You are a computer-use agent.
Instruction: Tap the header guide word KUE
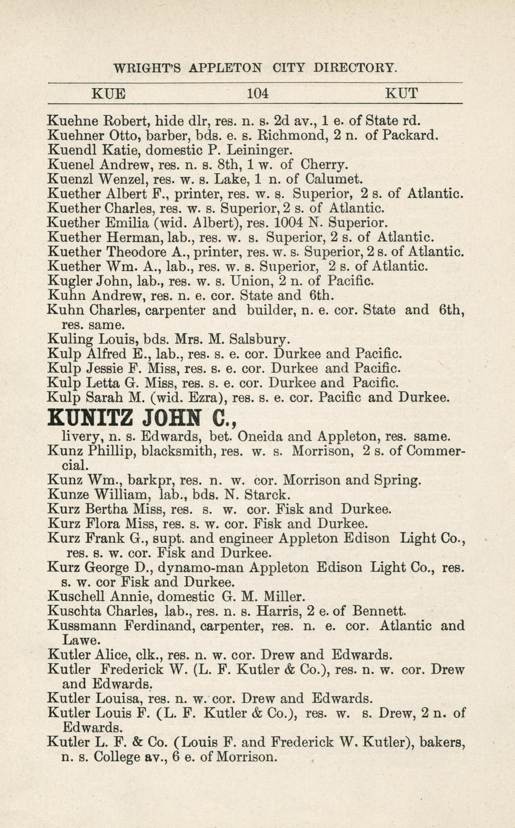click(x=109, y=94)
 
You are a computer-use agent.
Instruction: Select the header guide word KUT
click(x=401, y=93)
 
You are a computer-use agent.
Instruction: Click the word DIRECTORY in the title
click(x=355, y=68)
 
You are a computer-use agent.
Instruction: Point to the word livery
click(x=80, y=437)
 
